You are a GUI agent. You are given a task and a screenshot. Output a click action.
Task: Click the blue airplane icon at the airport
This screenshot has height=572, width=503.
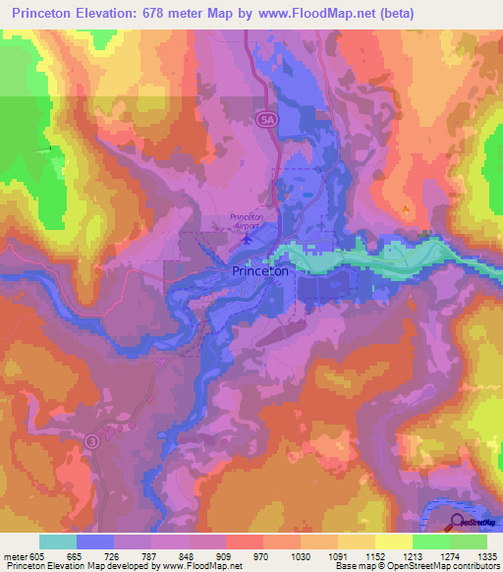pos(247,237)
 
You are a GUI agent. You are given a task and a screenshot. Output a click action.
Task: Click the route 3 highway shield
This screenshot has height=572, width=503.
pos(91,439)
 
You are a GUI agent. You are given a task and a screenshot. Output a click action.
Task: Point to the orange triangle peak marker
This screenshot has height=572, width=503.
pos(406,209)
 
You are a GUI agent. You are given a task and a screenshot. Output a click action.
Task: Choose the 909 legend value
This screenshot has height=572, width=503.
pos(225,556)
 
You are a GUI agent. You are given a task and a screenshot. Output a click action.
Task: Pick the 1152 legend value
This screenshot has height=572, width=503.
pos(374,556)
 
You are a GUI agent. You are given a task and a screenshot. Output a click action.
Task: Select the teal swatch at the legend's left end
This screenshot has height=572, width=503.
pos(58,542)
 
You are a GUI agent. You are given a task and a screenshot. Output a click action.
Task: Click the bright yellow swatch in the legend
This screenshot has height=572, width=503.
pos(393,542)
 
